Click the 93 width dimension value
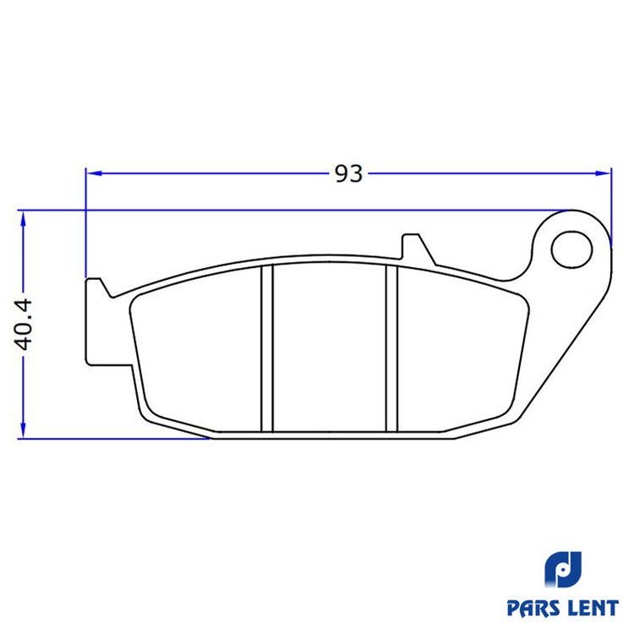[348, 174]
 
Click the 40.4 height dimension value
[24, 325]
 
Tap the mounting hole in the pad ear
[571, 249]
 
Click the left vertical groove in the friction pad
[267, 348]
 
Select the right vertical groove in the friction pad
[392, 348]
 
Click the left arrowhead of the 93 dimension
[94, 173]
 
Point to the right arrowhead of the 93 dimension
[603, 173]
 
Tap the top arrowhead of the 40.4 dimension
[23, 219]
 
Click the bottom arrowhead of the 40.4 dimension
[23, 430]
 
